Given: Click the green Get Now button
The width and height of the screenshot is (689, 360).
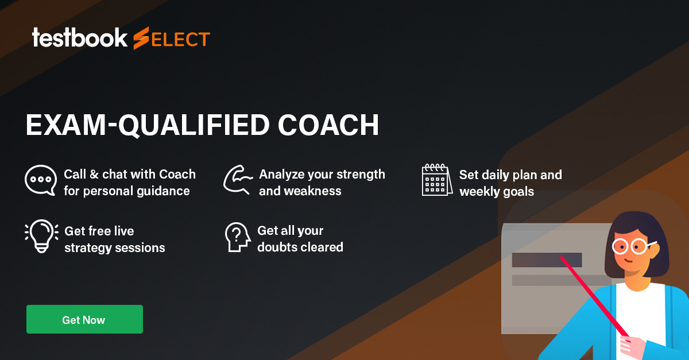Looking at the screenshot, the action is (84, 319).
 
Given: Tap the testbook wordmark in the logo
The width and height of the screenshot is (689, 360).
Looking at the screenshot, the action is (80, 38).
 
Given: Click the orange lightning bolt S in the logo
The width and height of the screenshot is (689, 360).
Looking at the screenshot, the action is (141, 38).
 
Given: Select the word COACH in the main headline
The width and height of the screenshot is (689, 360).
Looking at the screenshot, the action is (328, 125).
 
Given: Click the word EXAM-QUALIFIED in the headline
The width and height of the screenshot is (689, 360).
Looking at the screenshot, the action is (148, 125).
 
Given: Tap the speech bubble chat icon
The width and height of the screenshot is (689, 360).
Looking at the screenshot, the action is (41, 180).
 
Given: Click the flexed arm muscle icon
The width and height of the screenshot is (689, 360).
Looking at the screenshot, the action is (238, 180).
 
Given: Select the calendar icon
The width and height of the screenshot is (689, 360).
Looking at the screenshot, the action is (437, 180).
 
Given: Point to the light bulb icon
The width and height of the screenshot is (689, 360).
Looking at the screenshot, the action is (41, 236).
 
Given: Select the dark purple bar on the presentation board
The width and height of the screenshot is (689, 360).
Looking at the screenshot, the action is (547, 260).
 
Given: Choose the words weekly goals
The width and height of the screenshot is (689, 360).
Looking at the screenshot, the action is (497, 192).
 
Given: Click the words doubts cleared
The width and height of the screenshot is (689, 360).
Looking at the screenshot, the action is (300, 247).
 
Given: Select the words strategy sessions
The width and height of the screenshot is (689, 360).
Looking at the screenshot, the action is (115, 248).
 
